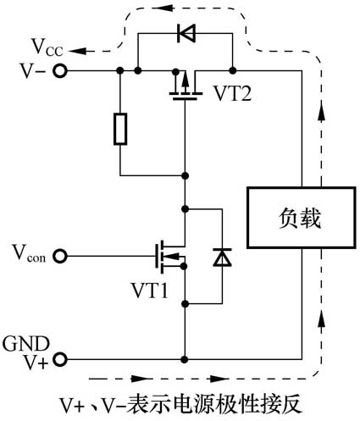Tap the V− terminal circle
(x=60, y=71)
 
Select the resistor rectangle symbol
(x=119, y=130)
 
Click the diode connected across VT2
(x=184, y=35)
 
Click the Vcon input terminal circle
(x=60, y=254)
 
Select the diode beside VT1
(x=221, y=257)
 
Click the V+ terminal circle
(x=60, y=359)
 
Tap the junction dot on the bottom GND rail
(x=184, y=359)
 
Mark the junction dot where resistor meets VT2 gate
(x=184, y=175)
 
